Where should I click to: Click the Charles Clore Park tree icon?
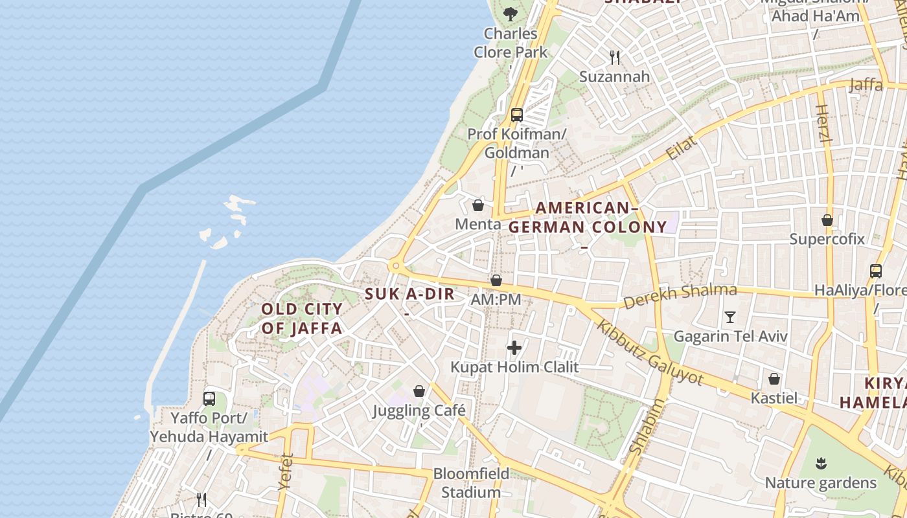coord(511,13)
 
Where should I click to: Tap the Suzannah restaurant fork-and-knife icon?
coord(615,58)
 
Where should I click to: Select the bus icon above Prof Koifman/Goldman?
coord(516,115)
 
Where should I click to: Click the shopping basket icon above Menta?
coord(478,205)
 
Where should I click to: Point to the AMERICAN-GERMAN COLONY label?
coord(587,218)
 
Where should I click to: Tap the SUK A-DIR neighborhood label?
coord(409,294)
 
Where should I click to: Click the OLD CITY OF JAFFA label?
coord(302,319)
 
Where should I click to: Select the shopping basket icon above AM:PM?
coord(496,280)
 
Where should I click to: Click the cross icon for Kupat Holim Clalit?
coord(514,348)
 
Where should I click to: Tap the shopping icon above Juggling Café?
coord(419,391)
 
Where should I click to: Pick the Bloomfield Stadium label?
coord(471,483)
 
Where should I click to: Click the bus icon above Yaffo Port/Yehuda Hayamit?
coord(209,399)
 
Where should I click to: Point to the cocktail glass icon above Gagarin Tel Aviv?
coord(730,317)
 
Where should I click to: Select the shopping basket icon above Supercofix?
coord(827,220)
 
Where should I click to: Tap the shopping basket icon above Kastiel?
coord(774,379)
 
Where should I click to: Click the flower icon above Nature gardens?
coord(821,464)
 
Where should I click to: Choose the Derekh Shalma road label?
coord(680,297)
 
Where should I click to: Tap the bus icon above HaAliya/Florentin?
coord(876,271)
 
